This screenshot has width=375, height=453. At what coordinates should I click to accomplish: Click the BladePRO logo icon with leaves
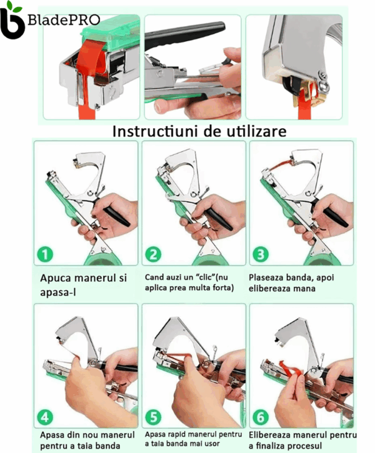(12, 20)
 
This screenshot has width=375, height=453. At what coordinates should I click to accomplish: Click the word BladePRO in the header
(64, 19)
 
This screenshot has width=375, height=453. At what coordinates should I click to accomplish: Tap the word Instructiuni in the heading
(156, 131)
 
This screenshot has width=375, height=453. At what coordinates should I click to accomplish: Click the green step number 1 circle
(45, 254)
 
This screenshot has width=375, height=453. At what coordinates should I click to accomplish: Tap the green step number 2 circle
(153, 254)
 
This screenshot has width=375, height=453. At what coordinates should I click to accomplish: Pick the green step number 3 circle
(261, 254)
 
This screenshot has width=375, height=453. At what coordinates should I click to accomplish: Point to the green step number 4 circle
(45, 417)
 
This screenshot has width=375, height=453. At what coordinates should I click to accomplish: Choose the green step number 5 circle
(153, 417)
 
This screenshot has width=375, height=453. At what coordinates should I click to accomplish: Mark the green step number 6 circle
(261, 417)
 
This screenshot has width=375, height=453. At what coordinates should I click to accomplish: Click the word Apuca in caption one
(56, 279)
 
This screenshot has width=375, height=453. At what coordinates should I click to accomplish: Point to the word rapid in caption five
(176, 435)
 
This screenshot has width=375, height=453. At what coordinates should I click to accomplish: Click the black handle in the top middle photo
(185, 34)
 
